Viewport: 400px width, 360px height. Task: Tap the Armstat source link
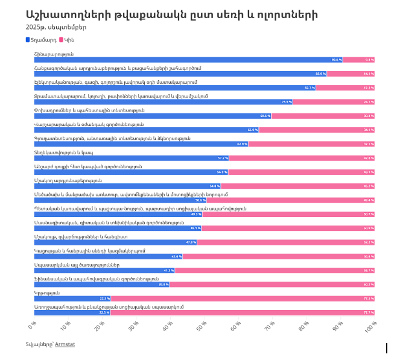[x=65, y=344]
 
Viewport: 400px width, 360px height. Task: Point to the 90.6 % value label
[x=337, y=60]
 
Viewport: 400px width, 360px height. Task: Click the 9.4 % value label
[x=369, y=60]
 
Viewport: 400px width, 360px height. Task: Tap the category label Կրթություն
[x=46, y=292]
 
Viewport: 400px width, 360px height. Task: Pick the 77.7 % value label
[x=369, y=312]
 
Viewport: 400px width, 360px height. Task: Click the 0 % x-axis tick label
[x=33, y=326]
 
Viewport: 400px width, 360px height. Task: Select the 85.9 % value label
[x=320, y=74]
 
